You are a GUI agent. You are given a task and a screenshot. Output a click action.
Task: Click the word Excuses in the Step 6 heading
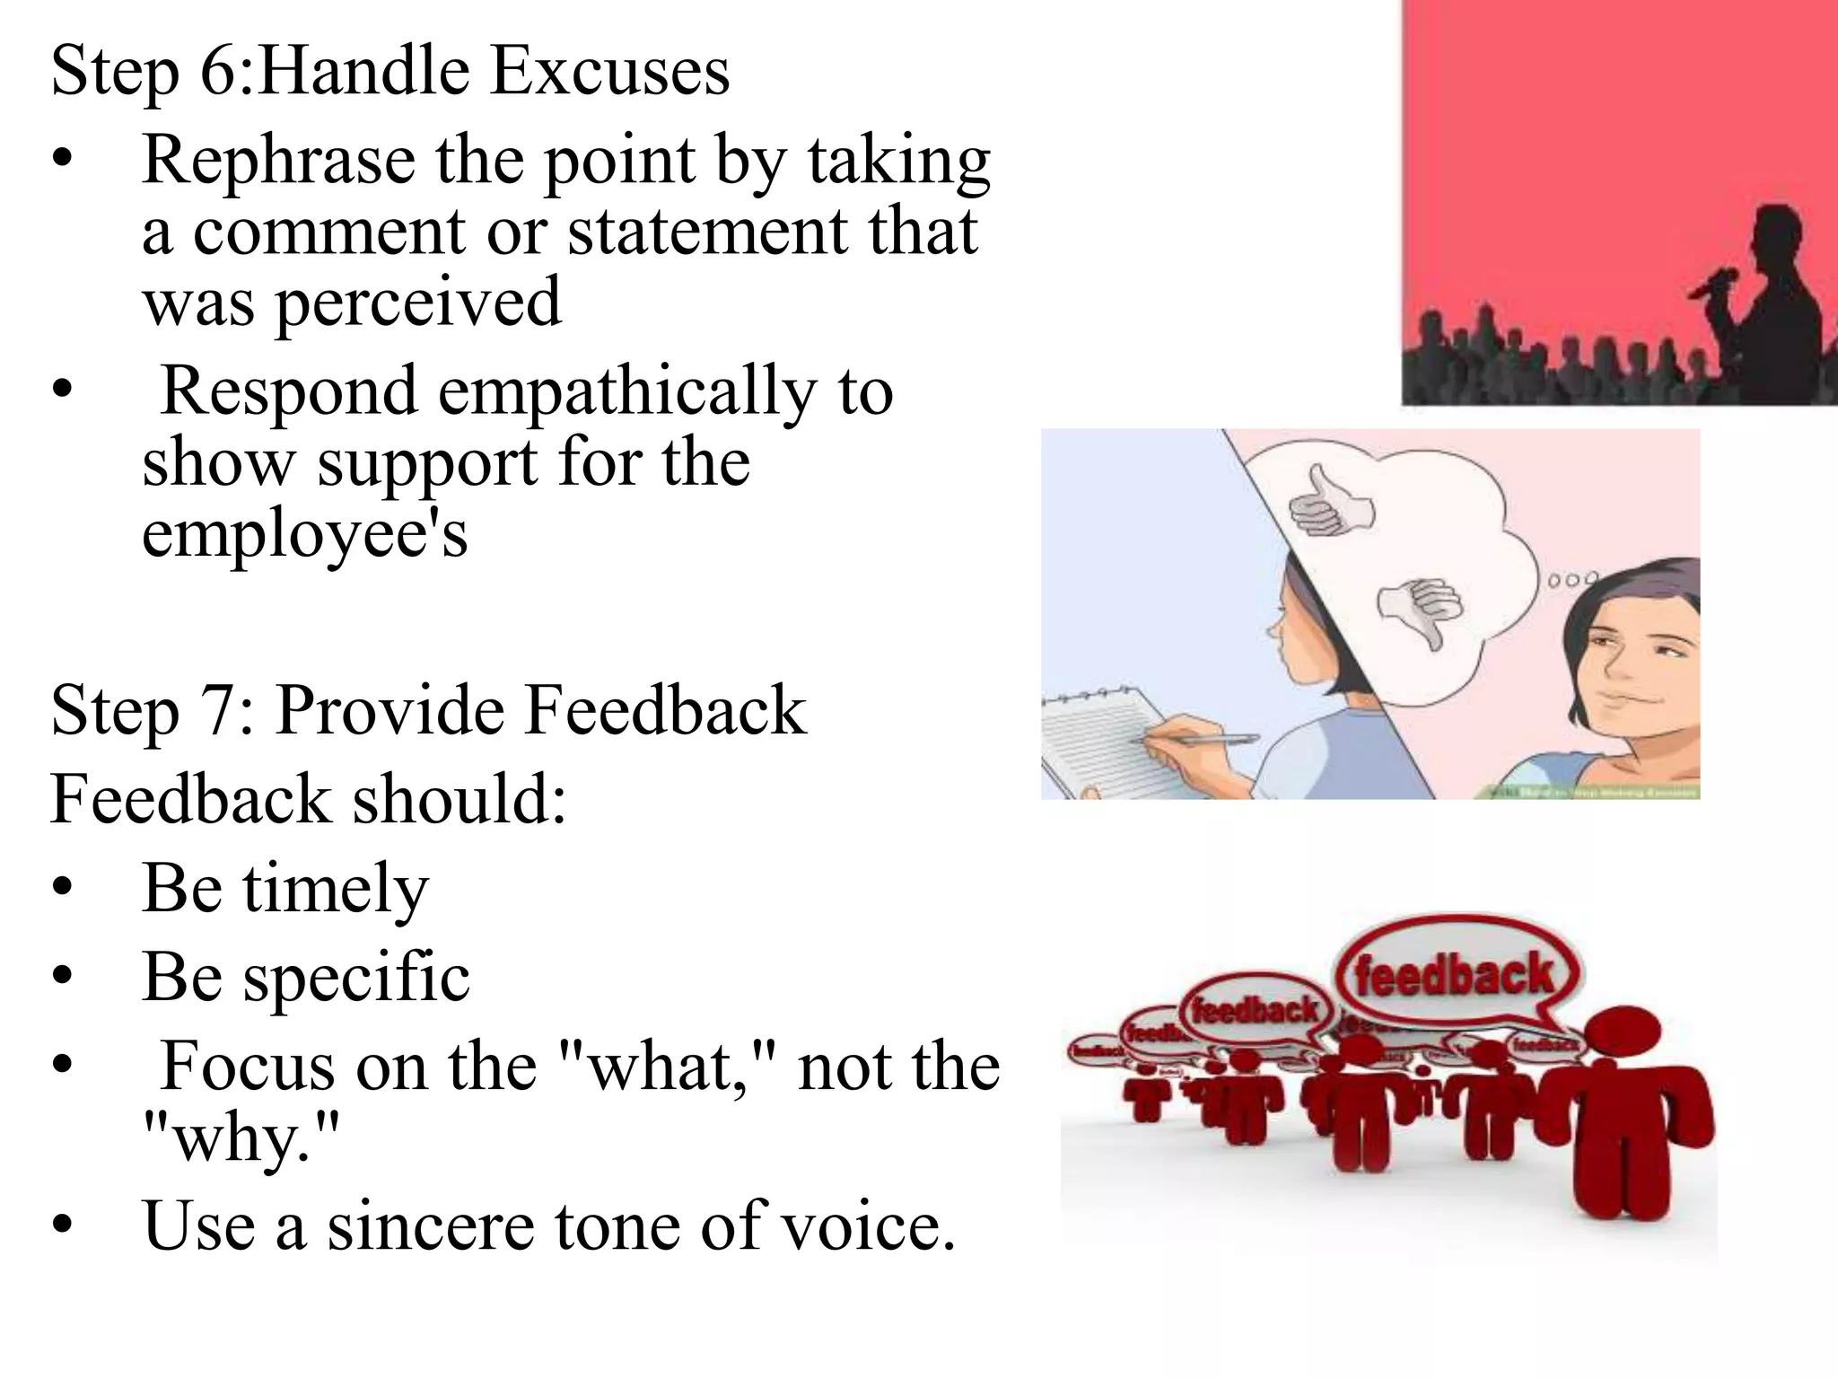609,72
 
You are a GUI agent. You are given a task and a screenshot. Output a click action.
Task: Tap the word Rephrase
278,162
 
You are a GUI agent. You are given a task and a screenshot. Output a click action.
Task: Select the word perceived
418,303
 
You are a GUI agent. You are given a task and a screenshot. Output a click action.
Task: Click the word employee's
305,533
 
